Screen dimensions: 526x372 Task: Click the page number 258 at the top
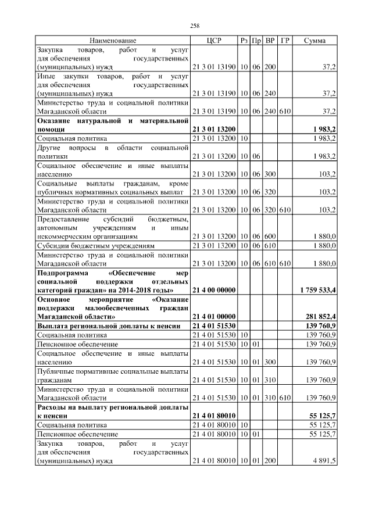(x=195, y=26)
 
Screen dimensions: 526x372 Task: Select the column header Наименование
(x=113, y=41)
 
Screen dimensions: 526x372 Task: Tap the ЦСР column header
(x=214, y=41)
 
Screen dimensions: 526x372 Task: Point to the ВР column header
(x=270, y=41)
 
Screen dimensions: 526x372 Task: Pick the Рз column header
(x=244, y=41)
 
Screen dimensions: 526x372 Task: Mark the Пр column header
(x=256, y=41)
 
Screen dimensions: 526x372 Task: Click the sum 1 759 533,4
(x=318, y=289)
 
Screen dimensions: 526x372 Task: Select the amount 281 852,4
(x=320, y=316)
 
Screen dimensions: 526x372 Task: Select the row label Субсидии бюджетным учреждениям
(x=95, y=246)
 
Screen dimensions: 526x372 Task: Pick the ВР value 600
(x=270, y=237)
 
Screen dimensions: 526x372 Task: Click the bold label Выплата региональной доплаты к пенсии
(x=103, y=326)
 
